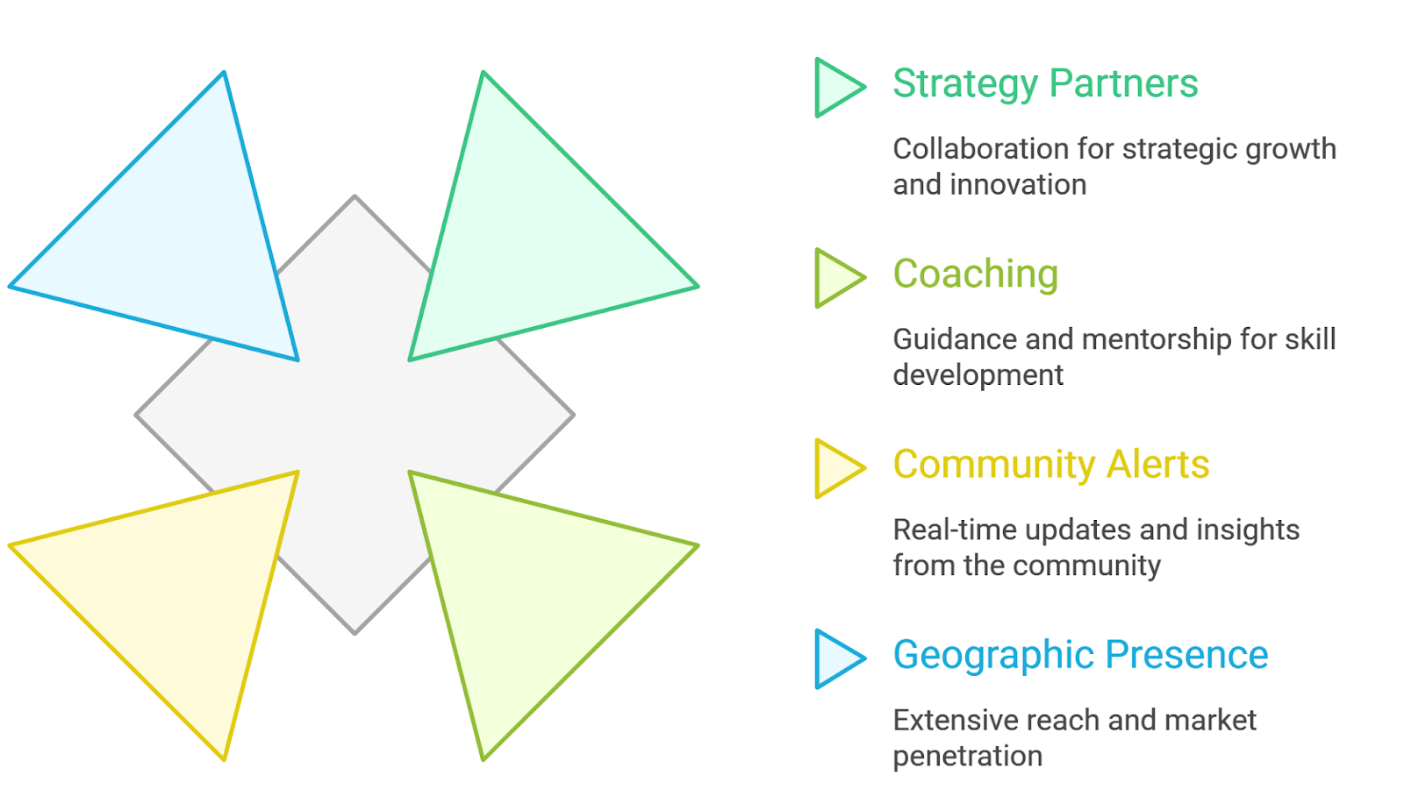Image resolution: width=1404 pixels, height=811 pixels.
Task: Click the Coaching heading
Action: (975, 274)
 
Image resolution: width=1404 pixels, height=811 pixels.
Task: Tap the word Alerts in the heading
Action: (1157, 465)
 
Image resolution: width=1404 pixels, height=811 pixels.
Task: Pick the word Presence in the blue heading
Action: (1186, 655)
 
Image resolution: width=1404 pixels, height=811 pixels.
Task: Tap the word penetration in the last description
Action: (967, 756)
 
